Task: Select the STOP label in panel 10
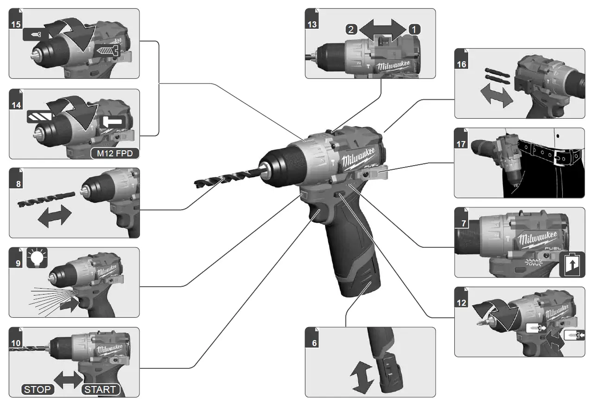click(37, 389)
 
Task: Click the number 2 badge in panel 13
click(351, 29)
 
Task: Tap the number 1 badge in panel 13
click(414, 29)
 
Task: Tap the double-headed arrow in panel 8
click(55, 216)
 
